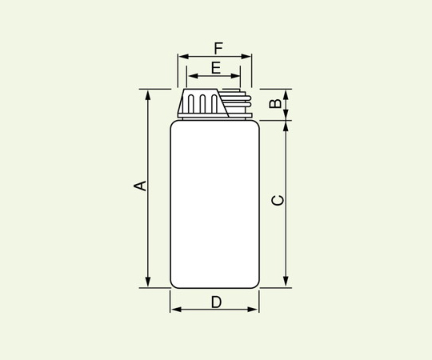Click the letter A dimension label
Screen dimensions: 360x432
[x=139, y=186]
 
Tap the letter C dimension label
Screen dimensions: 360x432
[x=277, y=200]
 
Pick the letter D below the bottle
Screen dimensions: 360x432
[x=216, y=302]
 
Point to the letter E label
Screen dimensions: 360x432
[x=215, y=67]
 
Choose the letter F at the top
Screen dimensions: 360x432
[x=218, y=47]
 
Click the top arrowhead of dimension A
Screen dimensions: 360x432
[x=148, y=93]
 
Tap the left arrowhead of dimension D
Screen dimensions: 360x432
[x=174, y=310]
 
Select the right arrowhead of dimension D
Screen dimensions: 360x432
[x=255, y=310]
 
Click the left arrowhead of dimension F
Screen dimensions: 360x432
[x=182, y=57]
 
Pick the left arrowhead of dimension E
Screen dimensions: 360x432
[x=190, y=77]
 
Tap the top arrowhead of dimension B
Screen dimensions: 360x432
[x=286, y=93]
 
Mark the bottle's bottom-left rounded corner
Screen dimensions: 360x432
[x=175, y=282]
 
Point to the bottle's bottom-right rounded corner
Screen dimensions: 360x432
[x=255, y=282]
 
